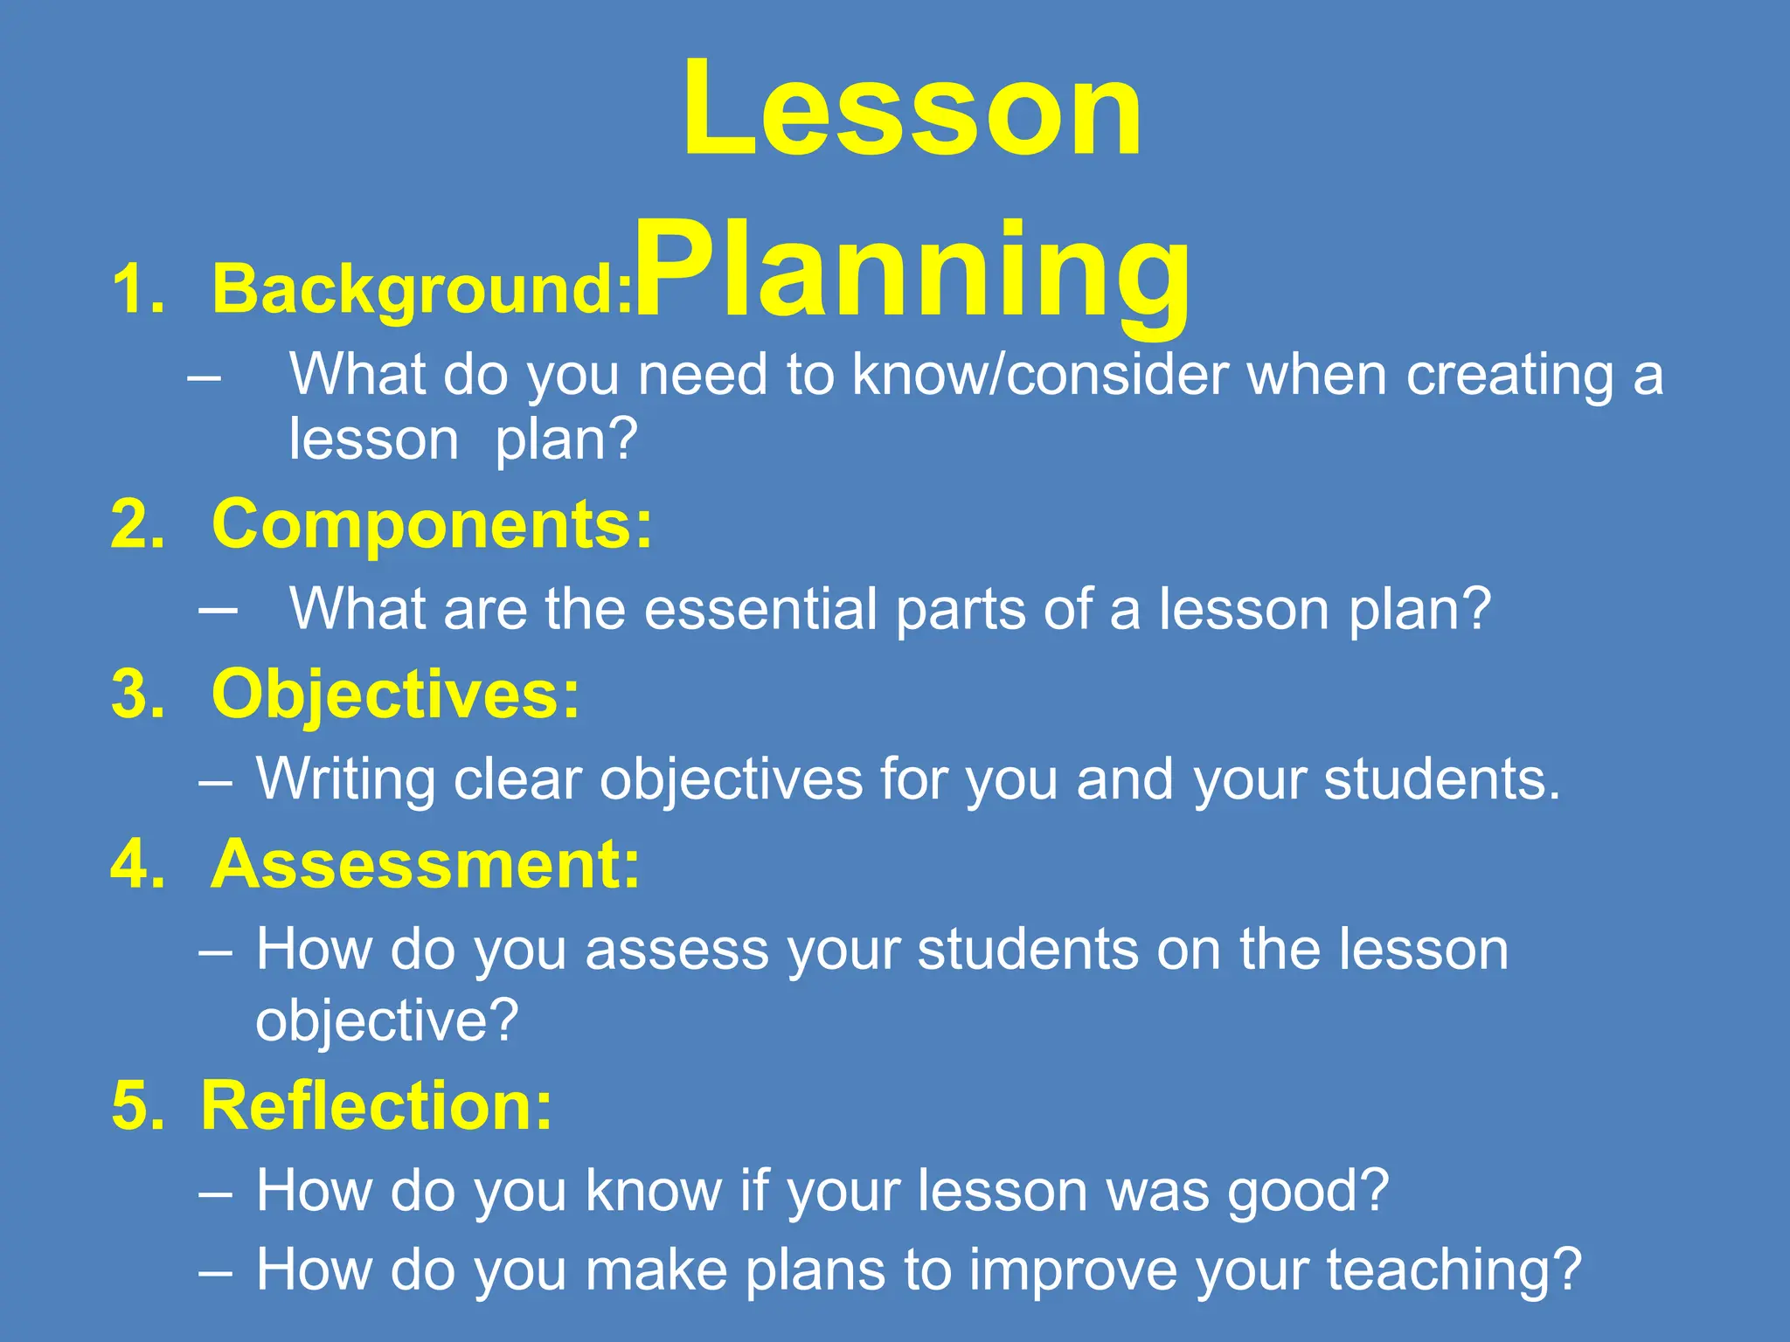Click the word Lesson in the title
click(912, 109)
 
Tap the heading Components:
click(432, 525)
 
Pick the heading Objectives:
click(396, 695)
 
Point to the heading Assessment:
click(426, 865)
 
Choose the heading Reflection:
click(377, 1106)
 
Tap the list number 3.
click(137, 695)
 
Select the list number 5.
click(137, 1107)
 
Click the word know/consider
click(1040, 376)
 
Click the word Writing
click(345, 779)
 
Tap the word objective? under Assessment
click(387, 1020)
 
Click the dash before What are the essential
click(218, 609)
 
